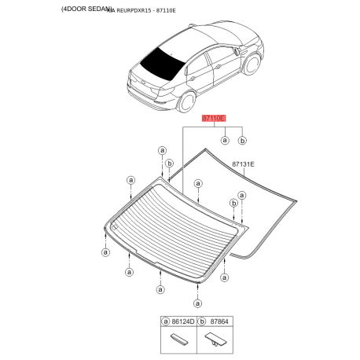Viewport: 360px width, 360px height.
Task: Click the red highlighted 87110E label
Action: pos(213,118)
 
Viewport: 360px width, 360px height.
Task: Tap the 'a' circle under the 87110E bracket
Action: pos(225,140)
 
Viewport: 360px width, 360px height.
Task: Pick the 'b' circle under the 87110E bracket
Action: pos(242,140)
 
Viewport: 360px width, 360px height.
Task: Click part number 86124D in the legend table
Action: pos(183,321)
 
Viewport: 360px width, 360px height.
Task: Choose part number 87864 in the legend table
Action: pos(219,321)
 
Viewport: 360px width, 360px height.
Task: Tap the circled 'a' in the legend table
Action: pos(166,321)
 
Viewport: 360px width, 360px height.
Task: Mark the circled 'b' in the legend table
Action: pos(202,321)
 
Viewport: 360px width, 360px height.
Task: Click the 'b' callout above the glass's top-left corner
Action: pos(169,164)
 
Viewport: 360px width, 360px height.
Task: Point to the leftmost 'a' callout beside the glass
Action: pos(105,252)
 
